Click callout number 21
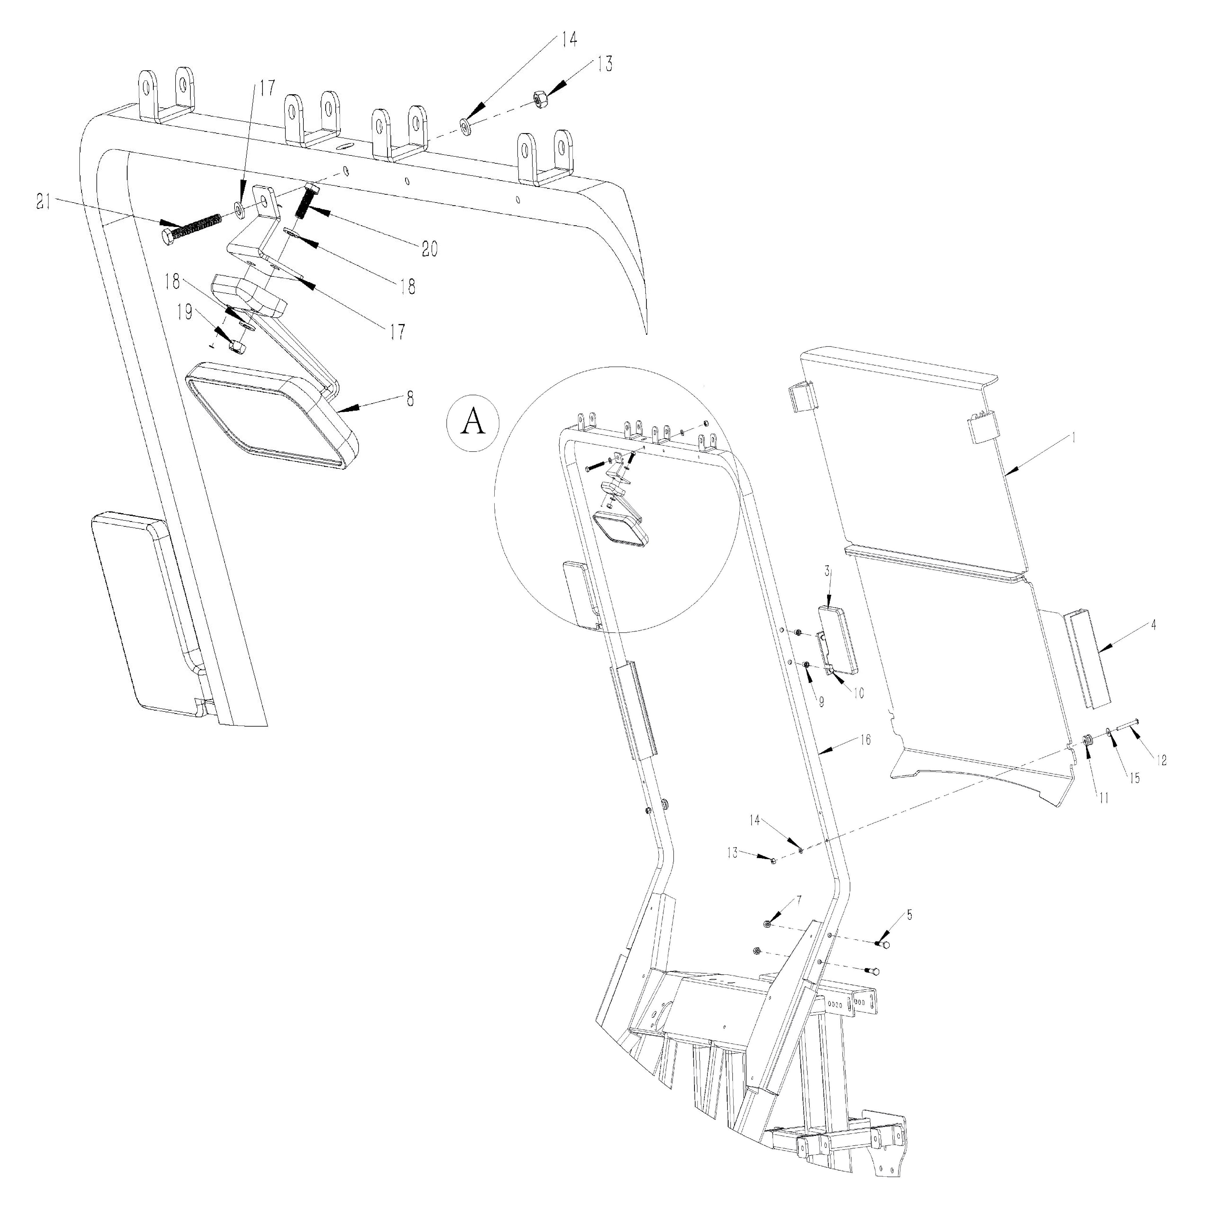click(x=43, y=203)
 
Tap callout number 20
click(x=429, y=249)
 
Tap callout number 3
click(x=827, y=571)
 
